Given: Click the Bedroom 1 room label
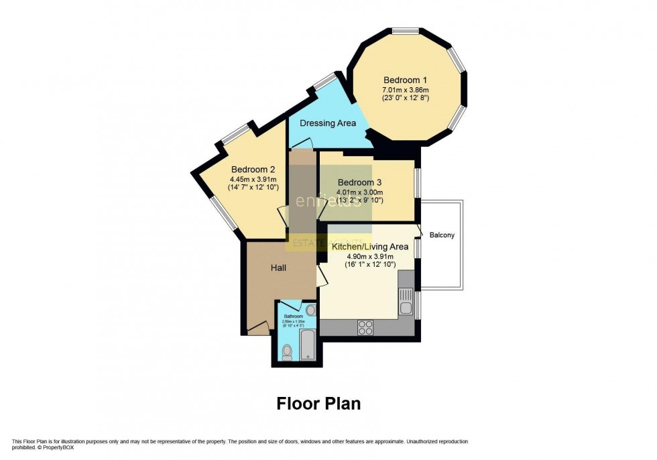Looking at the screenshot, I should [404, 77].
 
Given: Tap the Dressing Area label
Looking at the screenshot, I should [328, 123].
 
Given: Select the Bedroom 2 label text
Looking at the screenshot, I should [253, 170].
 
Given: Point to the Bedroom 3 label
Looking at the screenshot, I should [360, 182].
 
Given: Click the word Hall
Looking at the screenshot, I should [280, 268].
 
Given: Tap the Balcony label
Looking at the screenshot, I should [442, 235].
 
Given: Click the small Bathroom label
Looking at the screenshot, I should [293, 317].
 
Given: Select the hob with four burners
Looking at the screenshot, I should [366, 327].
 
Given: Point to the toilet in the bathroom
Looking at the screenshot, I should [287, 352].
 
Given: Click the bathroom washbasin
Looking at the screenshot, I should [310, 311].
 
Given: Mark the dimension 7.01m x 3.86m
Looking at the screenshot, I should [405, 89].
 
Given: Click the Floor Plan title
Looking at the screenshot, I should [318, 404].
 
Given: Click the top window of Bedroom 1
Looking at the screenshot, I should [406, 30].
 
